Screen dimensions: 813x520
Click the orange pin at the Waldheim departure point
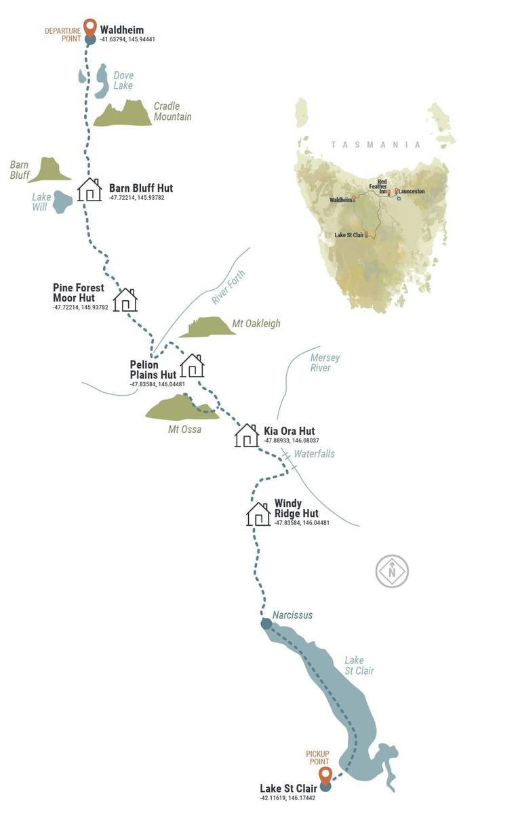[89, 28]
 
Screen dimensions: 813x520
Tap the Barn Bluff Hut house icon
[89, 190]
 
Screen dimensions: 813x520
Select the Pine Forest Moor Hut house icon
[125, 299]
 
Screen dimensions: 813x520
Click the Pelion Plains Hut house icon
[192, 365]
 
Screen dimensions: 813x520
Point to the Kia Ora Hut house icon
[246, 435]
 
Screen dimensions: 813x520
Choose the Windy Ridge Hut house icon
[258, 514]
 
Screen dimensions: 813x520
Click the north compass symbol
[392, 571]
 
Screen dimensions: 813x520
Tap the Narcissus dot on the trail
[266, 623]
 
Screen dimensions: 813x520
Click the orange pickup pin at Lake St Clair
[325, 776]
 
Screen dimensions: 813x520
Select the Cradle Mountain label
[172, 111]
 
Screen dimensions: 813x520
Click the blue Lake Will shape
[62, 201]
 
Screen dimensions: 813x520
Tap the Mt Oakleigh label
[256, 324]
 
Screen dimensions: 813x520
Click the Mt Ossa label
[184, 429]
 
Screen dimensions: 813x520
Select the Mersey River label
[325, 362]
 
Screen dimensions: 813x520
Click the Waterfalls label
[314, 454]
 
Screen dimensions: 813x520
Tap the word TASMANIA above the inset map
[376, 144]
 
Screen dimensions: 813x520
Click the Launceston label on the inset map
[412, 192]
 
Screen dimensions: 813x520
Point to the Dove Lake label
[123, 80]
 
